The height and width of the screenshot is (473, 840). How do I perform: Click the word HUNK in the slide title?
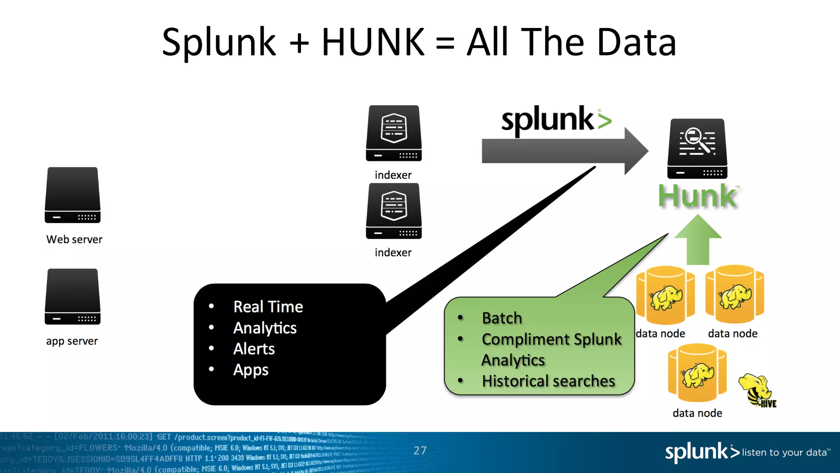tap(373, 42)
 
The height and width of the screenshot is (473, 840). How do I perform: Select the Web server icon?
tap(73, 195)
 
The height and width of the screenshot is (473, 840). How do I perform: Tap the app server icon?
tap(73, 296)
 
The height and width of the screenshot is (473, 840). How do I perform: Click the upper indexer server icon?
tap(394, 133)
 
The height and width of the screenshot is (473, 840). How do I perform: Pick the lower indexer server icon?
tap(394, 211)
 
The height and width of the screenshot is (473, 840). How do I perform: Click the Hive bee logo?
tap(757, 390)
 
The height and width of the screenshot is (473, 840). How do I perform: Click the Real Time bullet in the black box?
tap(268, 307)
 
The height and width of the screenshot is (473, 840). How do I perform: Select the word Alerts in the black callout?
tap(254, 349)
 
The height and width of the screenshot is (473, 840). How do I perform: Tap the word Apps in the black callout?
tap(251, 370)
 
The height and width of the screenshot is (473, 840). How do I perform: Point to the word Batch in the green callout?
tap(502, 318)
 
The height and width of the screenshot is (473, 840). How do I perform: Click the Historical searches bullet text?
tap(548, 381)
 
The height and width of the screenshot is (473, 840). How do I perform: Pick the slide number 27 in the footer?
tap(420, 451)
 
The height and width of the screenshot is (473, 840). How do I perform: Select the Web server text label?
tap(74, 239)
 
